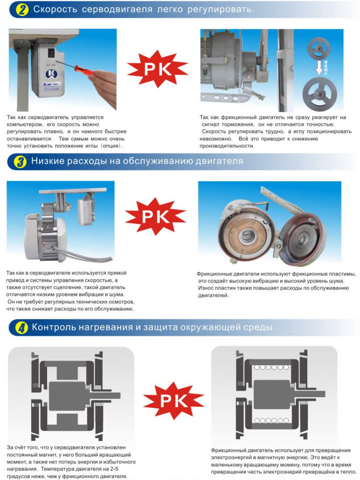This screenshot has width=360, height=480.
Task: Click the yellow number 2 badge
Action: click(x=23, y=10)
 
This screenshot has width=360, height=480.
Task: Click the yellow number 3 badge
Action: click(x=20, y=162)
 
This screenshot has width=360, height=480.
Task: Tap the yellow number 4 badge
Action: click(x=22, y=328)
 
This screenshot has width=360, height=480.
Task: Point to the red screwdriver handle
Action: click(x=84, y=70)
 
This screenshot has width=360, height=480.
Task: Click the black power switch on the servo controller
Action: click(x=52, y=53)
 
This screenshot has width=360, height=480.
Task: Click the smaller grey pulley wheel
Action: click(x=319, y=48)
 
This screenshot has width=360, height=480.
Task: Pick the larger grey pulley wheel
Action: click(x=319, y=94)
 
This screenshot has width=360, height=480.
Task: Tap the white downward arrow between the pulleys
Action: click(x=319, y=68)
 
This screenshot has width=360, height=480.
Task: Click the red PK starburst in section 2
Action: click(x=157, y=69)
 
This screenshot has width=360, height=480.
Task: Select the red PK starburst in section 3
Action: click(x=155, y=217)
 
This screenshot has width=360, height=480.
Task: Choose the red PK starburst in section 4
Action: click(x=173, y=400)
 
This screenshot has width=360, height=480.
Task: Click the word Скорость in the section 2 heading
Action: click(x=55, y=10)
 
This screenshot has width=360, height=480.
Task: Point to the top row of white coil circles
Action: click(x=272, y=367)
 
